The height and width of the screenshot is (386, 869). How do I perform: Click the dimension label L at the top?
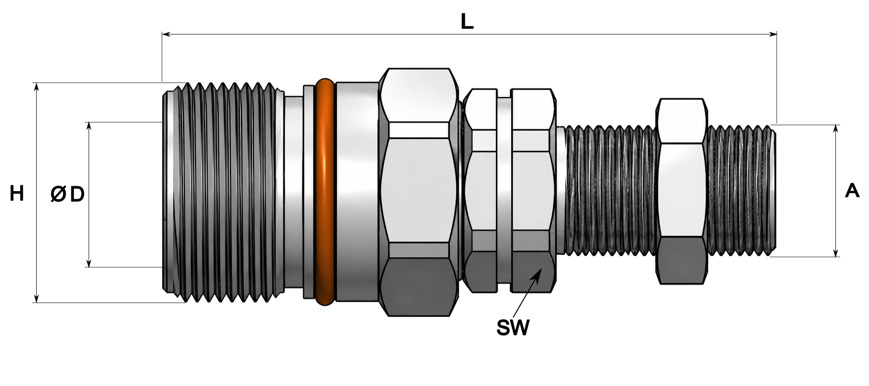[467, 21]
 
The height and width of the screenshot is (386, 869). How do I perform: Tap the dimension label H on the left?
[17, 194]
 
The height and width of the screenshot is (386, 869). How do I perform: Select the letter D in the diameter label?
[77, 194]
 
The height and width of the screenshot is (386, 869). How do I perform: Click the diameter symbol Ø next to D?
[58, 194]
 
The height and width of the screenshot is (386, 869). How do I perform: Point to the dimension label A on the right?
[852, 191]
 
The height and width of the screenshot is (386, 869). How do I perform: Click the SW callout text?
[513, 328]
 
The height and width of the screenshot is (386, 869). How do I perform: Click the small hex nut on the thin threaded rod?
[682, 191]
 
